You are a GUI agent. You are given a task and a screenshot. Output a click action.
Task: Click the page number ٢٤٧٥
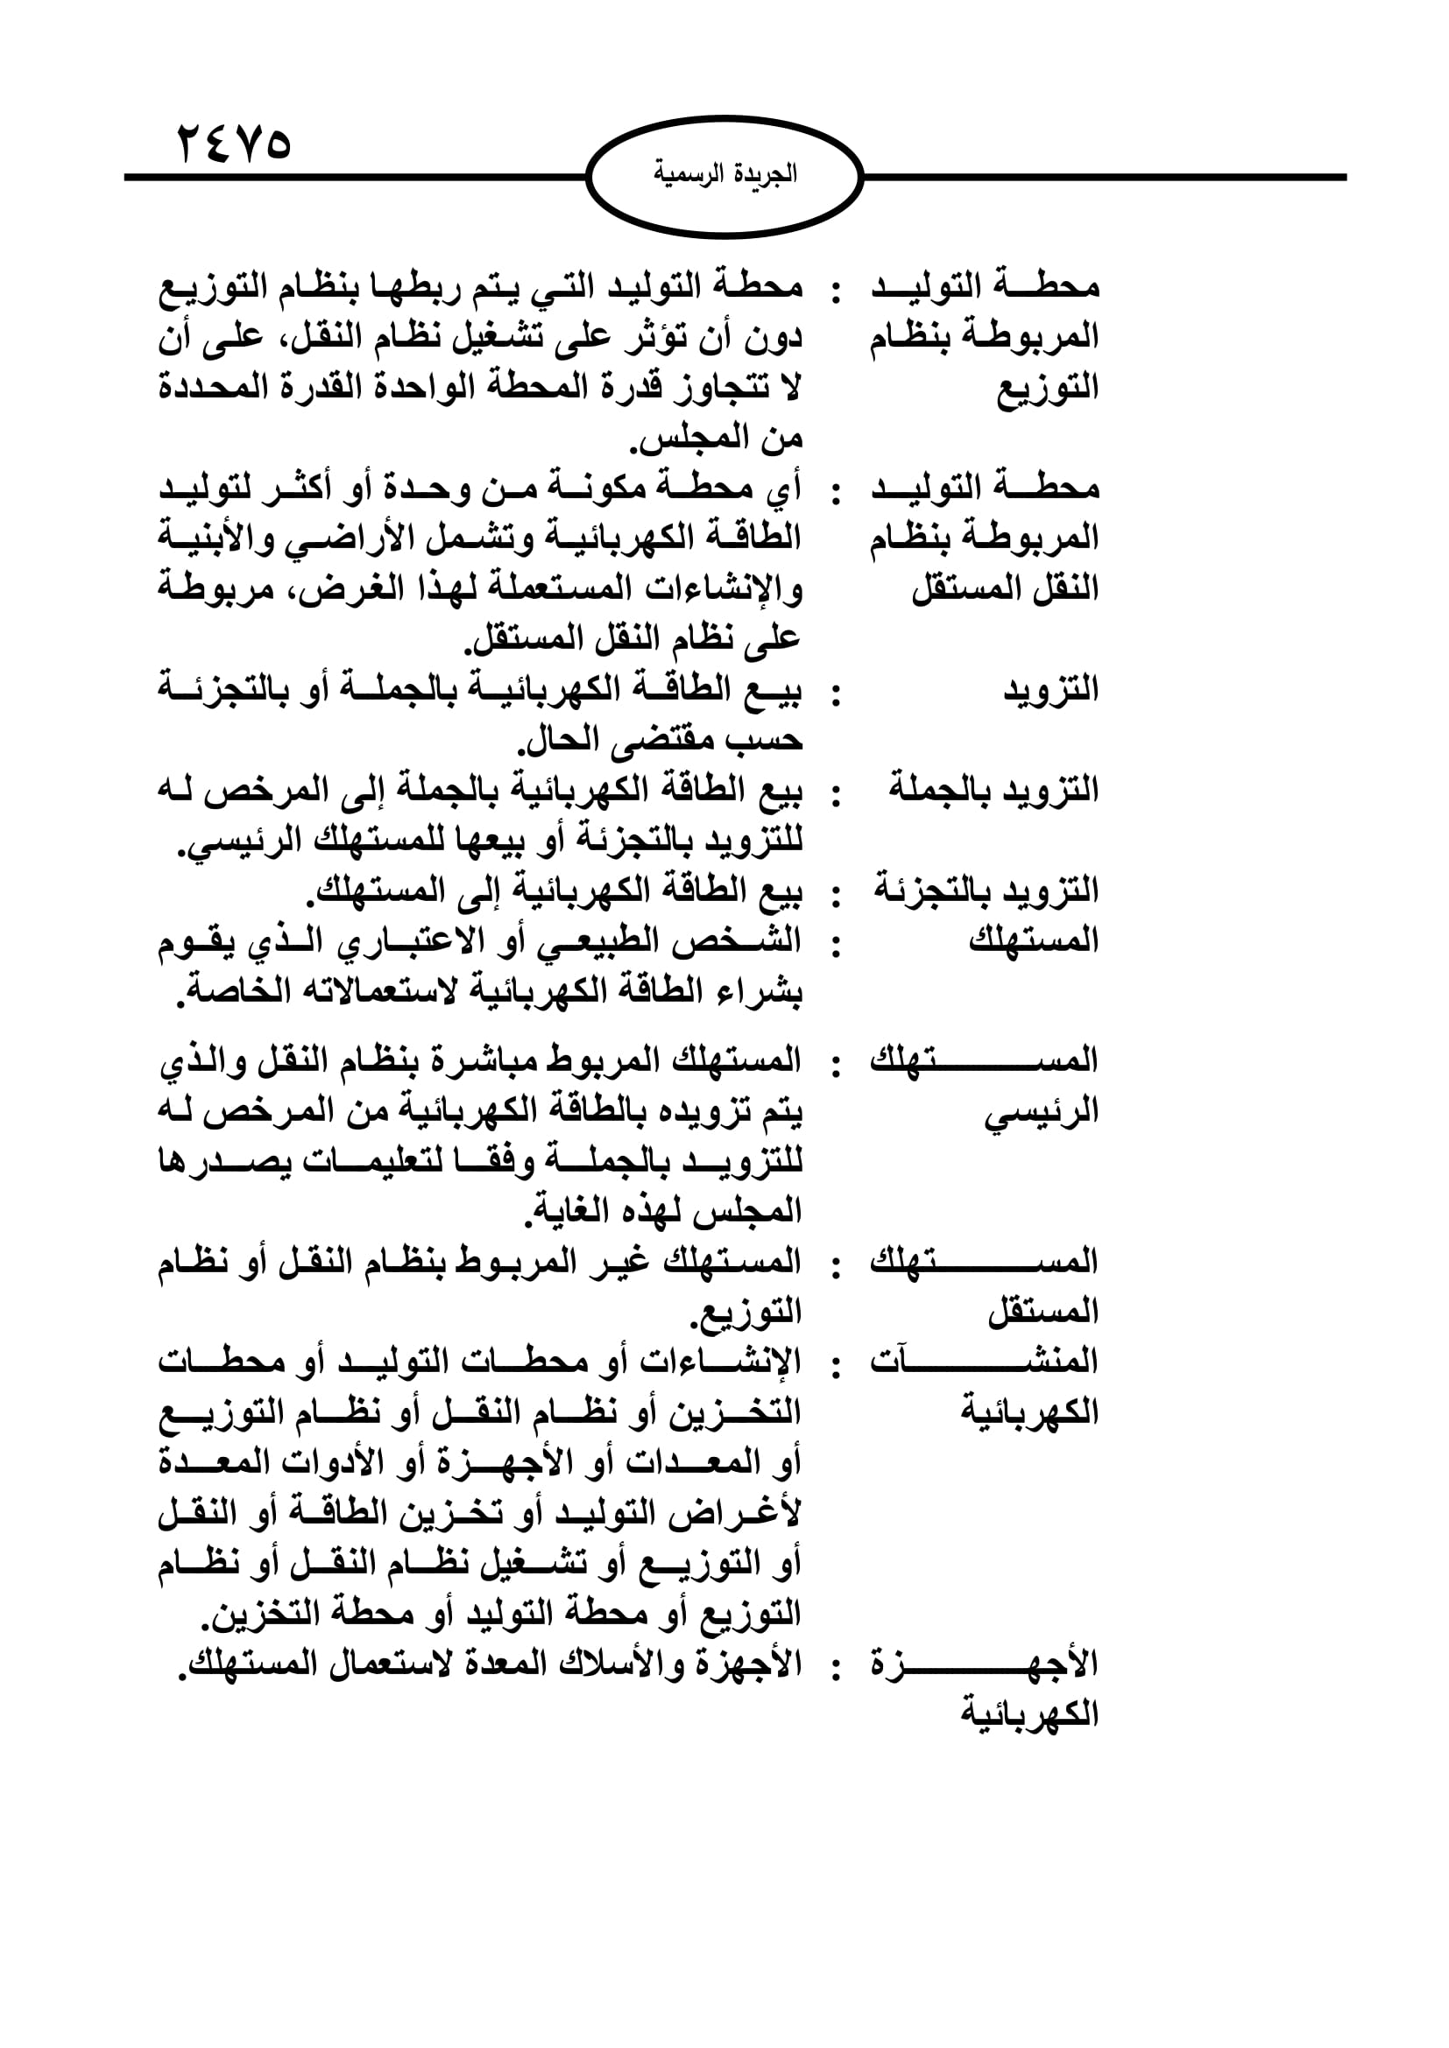tap(235, 144)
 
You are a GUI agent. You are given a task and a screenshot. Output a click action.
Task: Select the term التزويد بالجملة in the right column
tap(993, 791)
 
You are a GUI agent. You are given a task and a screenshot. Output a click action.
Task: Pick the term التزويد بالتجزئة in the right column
tap(986, 890)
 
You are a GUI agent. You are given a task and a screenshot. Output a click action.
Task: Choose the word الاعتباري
tap(404, 941)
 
